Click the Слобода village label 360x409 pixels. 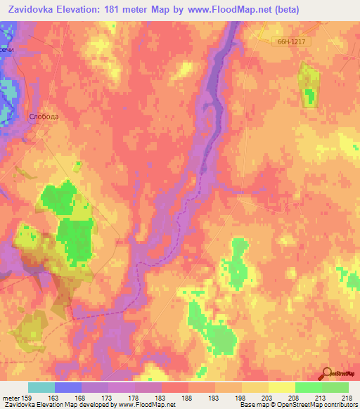[44, 117]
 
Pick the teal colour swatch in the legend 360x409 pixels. [41, 387]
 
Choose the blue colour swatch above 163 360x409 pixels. [68, 387]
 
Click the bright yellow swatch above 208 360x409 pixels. [283, 387]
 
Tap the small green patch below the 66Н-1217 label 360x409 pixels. [308, 86]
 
